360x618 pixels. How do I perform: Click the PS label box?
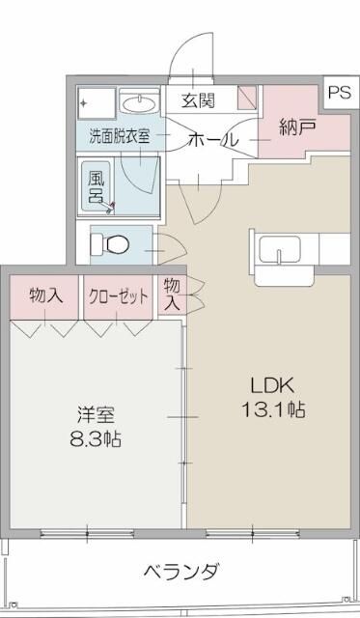tap(339, 93)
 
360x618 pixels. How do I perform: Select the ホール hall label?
tap(212, 139)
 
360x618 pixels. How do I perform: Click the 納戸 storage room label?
tap(295, 126)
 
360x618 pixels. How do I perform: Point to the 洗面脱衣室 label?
tap(120, 136)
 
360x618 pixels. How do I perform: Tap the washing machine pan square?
tap(96, 102)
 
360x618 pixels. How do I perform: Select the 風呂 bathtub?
tap(100, 186)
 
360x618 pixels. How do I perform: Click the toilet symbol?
tap(112, 244)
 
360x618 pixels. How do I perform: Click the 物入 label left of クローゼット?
tap(45, 295)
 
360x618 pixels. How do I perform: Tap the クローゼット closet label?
tap(119, 295)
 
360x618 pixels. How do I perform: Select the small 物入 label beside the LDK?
tap(172, 294)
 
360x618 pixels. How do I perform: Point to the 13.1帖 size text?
tap(273, 409)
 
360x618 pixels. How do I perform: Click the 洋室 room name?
tap(97, 415)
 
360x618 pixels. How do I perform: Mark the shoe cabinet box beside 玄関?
tap(247, 98)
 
